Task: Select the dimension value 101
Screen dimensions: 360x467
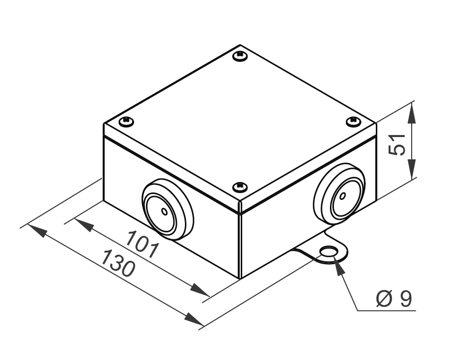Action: [142, 244]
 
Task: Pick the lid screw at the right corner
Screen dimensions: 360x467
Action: [353, 121]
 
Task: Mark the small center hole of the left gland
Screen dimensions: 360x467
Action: [164, 211]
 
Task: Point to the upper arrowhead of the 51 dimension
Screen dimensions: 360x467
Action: [412, 112]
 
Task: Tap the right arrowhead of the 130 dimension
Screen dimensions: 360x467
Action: [194, 319]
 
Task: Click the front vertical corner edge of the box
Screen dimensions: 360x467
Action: [240, 244]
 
